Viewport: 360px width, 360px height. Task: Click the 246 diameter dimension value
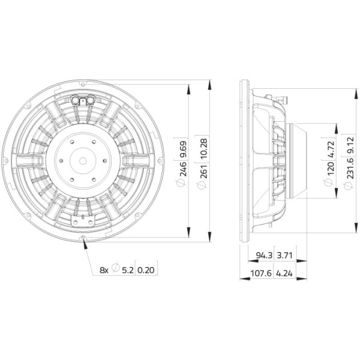[184, 169]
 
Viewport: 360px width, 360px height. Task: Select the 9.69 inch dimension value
[184, 149]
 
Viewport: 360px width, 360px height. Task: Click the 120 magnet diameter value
[330, 169]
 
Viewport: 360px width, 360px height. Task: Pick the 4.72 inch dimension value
[330, 149]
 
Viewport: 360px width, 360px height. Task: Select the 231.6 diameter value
[350, 167]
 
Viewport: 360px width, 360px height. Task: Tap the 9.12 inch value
[350, 145]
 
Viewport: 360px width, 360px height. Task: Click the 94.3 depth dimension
[264, 255]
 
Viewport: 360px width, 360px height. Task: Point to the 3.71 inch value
[284, 255]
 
